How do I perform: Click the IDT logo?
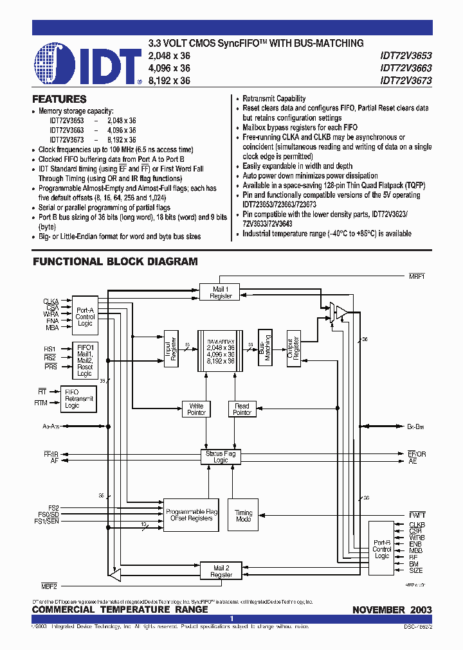pyautogui.click(x=87, y=64)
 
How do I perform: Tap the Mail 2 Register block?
pyautogui.click(x=222, y=571)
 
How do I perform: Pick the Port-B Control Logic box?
pyautogui.click(x=382, y=549)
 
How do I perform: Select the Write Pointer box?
pyautogui.click(x=196, y=409)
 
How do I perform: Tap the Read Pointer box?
pyautogui.click(x=242, y=409)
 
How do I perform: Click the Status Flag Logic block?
pyautogui.click(x=221, y=457)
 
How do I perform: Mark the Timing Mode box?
pyautogui.click(x=244, y=516)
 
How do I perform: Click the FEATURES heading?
pyautogui.click(x=59, y=100)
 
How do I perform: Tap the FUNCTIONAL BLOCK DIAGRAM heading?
pyautogui.click(x=115, y=262)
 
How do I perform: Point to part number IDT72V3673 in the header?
pyautogui.click(x=406, y=81)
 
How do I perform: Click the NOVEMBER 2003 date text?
pyautogui.click(x=392, y=610)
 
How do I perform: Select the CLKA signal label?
pyautogui.click(x=51, y=301)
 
